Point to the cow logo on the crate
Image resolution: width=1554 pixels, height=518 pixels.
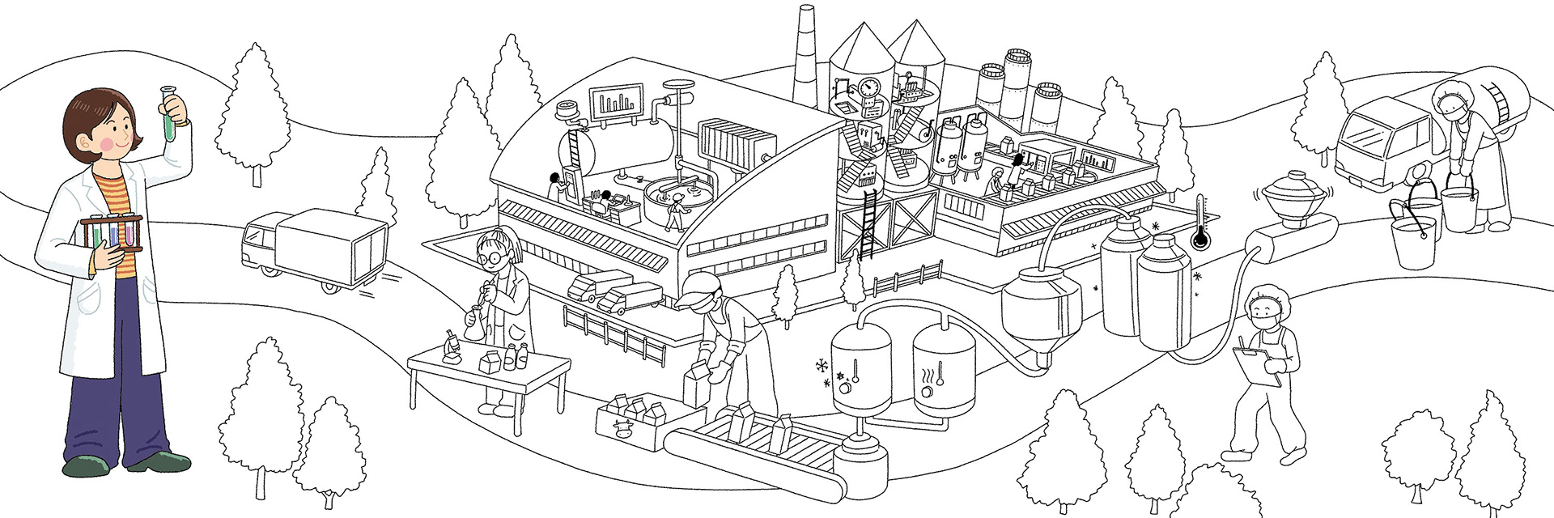click(x=622, y=427)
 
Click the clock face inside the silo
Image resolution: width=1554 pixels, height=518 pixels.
click(x=871, y=87)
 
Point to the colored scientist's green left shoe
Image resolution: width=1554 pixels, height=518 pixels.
click(x=85, y=466)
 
